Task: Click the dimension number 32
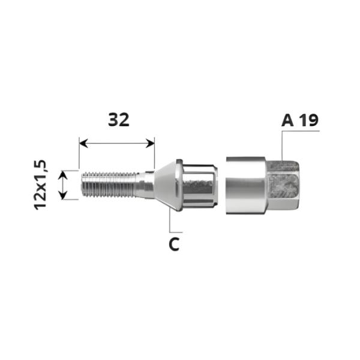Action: coord(119,120)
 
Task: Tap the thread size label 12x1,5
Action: coord(40,185)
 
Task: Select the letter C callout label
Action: coord(174,244)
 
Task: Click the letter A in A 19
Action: coord(287,121)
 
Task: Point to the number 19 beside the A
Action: coord(309,121)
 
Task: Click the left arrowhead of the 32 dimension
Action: coord(83,143)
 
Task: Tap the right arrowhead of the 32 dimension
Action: coord(150,143)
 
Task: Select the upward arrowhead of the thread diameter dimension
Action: coord(63,175)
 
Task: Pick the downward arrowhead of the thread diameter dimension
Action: coord(63,195)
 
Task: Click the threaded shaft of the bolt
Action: coord(108,184)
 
